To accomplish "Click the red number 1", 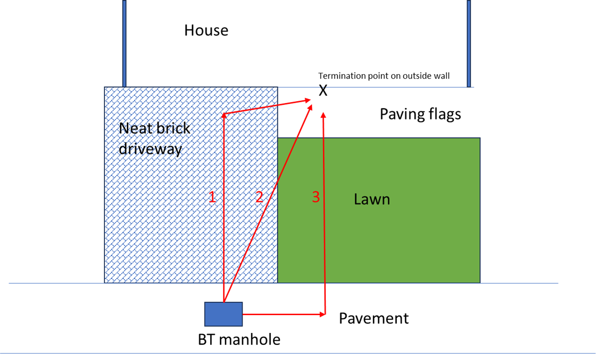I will pos(212,197).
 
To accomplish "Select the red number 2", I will pos(259,197).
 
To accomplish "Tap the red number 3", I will pos(315,197).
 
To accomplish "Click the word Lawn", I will pos(372,199).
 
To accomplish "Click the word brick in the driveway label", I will pos(173,128).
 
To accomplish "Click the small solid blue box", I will pos(223,314).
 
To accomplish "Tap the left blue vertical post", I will pos(125,43).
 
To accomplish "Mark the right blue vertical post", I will pos(469,43).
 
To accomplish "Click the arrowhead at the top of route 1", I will pos(224,116).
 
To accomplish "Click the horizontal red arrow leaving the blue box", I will pos(284,314).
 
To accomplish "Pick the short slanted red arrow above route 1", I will pos(265,107).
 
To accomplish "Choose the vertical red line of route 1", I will pos(224,238).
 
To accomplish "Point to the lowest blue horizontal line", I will pos(298,353).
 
